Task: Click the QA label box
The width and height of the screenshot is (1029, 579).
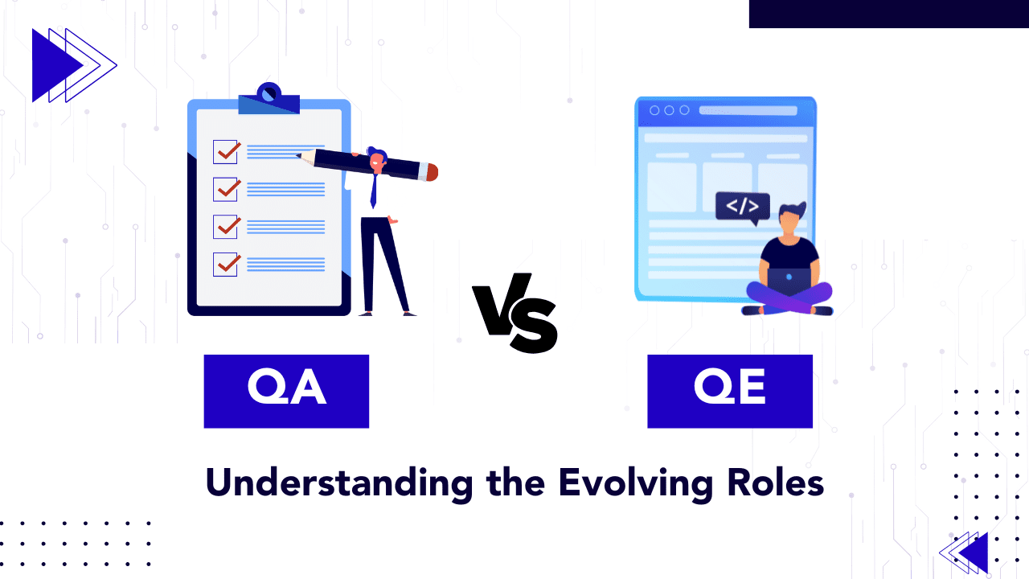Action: pyautogui.click(x=286, y=391)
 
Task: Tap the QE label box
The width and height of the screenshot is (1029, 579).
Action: pyautogui.click(x=730, y=391)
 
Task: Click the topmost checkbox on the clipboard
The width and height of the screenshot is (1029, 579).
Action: pyautogui.click(x=226, y=151)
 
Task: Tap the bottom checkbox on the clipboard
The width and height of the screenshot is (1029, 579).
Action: pyautogui.click(x=226, y=264)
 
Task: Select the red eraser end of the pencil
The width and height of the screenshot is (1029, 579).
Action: pyautogui.click(x=432, y=172)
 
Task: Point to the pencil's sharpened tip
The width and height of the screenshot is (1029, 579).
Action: pyautogui.click(x=300, y=155)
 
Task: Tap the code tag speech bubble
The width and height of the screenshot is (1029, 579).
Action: pyautogui.click(x=742, y=207)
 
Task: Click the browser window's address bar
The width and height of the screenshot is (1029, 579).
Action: pyautogui.click(x=748, y=111)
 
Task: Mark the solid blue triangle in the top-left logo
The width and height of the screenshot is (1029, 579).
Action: pyautogui.click(x=53, y=65)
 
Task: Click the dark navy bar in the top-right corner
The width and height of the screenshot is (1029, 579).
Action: pyautogui.click(x=888, y=14)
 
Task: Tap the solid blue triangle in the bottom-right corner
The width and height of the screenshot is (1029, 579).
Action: pyautogui.click(x=975, y=552)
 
